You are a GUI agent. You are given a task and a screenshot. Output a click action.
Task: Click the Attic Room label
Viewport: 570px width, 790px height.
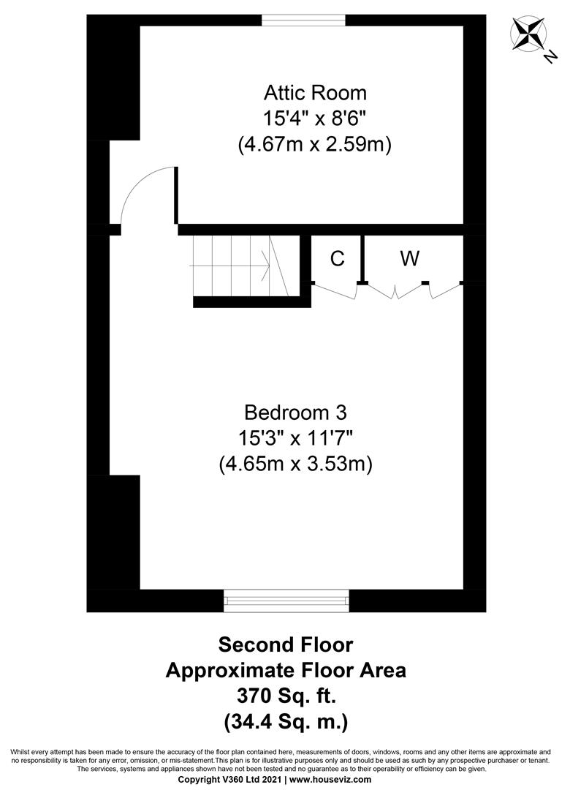pyautogui.click(x=315, y=93)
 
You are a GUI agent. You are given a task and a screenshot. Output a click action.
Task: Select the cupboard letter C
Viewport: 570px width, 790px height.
pyautogui.click(x=337, y=258)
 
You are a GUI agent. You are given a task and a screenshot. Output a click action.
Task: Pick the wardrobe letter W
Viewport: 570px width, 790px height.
pyautogui.click(x=410, y=258)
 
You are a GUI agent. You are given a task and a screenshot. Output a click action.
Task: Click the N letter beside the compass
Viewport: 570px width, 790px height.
pyautogui.click(x=550, y=58)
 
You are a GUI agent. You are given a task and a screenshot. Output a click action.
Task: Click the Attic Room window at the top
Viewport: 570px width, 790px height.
pyautogui.click(x=303, y=20)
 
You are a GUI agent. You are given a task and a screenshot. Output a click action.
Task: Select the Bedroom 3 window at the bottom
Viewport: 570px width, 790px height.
pyautogui.click(x=286, y=601)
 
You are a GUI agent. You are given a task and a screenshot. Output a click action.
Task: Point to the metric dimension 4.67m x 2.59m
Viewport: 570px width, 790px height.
pyautogui.click(x=315, y=145)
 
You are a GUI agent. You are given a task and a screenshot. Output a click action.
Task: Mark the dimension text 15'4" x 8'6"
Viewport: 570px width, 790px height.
pyautogui.click(x=315, y=118)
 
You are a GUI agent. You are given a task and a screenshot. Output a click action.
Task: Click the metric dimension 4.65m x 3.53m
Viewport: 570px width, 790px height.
pyautogui.click(x=296, y=464)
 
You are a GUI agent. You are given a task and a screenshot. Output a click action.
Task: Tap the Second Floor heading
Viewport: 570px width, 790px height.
pyautogui.click(x=286, y=644)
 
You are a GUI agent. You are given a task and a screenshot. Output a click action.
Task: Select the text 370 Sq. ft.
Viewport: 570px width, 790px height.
pyautogui.click(x=286, y=696)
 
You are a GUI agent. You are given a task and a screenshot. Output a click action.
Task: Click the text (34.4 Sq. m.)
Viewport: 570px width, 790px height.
pyautogui.click(x=286, y=722)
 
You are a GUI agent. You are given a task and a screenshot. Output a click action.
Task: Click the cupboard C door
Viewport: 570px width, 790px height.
pyautogui.click(x=335, y=291)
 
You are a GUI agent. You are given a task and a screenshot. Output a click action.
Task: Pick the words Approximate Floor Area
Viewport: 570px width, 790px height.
pyautogui.click(x=286, y=670)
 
